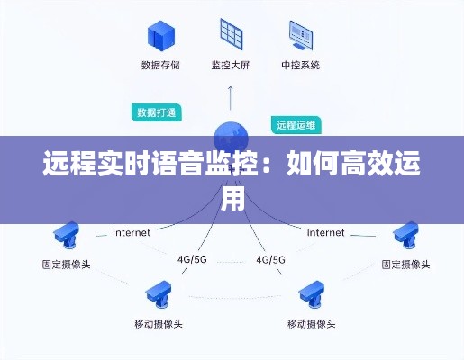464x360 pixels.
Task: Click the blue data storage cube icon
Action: (161, 36)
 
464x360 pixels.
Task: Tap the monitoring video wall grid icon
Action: (232, 34)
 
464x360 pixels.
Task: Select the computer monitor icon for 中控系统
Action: (301, 35)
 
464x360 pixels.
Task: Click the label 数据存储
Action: (160, 65)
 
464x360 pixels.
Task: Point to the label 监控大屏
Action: (231, 65)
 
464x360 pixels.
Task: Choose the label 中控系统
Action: (301, 65)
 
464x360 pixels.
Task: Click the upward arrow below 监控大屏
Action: (231, 98)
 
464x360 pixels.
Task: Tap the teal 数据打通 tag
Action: (157, 112)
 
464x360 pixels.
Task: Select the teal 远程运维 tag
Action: (296, 125)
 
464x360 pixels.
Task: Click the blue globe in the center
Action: (231, 139)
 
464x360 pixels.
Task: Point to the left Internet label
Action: (132, 232)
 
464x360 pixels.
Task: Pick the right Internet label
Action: (325, 232)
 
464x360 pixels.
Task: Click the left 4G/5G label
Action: (192, 259)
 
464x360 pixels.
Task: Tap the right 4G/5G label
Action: (270, 259)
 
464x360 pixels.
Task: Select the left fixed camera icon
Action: (66, 235)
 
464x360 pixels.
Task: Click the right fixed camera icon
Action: (405, 235)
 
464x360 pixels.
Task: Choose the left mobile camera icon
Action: (159, 294)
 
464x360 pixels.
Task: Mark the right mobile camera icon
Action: (312, 294)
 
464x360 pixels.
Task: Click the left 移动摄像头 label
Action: (159, 324)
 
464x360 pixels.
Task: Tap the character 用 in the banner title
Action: (232, 198)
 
